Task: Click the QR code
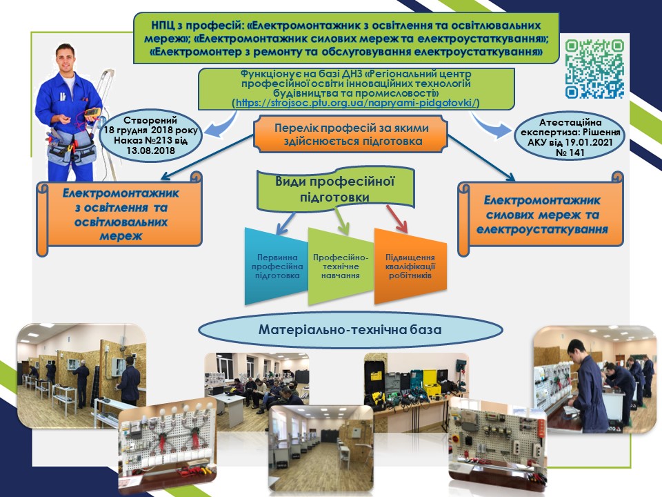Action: (x=594, y=69)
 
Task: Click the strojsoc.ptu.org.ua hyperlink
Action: (x=356, y=103)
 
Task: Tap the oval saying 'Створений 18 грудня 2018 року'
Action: (x=151, y=135)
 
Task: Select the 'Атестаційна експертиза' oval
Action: (x=570, y=137)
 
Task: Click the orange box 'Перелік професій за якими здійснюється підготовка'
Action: (x=350, y=135)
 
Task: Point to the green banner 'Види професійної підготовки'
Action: (x=335, y=189)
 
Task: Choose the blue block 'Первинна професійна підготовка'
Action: (x=277, y=266)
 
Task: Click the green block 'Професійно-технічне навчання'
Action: (x=341, y=266)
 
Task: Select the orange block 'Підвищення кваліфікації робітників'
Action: (x=410, y=266)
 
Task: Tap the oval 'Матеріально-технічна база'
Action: (x=350, y=330)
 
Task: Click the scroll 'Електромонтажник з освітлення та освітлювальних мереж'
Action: (x=119, y=213)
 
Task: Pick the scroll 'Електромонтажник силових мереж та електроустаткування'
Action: (x=541, y=213)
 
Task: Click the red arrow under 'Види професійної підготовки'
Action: (x=397, y=220)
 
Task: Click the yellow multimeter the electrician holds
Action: (x=92, y=113)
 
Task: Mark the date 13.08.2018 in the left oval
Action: (x=151, y=150)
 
